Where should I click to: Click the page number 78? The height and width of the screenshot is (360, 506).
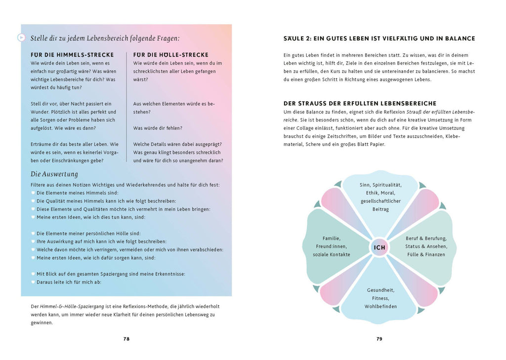126,339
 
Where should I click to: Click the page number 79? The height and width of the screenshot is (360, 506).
379,339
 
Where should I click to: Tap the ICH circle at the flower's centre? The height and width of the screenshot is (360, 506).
379,247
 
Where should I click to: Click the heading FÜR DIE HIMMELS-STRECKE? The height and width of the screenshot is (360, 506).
72,55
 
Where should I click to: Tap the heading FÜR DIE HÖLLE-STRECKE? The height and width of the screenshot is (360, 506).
171,55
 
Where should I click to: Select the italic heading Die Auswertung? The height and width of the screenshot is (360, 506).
54,174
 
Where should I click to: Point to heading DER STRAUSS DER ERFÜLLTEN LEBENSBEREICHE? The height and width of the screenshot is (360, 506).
360,103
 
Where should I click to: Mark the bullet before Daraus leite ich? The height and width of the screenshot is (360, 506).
33,282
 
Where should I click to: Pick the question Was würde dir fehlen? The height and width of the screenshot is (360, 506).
158,128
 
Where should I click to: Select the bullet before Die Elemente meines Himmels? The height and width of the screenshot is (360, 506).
33,193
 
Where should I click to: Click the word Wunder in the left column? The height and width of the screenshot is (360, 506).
40,112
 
